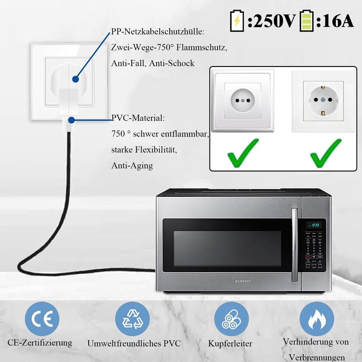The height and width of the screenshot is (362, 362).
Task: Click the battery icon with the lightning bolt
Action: tap(237, 21)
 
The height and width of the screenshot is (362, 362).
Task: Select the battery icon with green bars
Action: tap(306, 21)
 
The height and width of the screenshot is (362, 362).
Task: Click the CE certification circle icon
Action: tap(42, 319)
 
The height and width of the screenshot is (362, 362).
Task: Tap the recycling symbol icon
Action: tap(132, 319)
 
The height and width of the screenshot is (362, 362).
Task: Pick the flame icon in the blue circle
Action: tap(317, 319)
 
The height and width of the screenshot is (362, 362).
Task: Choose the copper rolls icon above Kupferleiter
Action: tap(231, 319)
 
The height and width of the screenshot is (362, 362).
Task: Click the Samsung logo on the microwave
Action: tap(243, 281)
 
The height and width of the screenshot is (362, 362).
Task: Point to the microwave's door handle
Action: tap(295, 245)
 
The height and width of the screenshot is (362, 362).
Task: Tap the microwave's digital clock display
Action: tap(314, 225)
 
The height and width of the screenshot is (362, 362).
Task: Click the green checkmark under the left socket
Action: tap(243, 153)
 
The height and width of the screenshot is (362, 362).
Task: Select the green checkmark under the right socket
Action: tap(326, 153)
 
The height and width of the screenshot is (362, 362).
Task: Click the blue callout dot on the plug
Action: tap(76, 79)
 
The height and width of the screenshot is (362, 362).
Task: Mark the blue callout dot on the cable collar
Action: tap(71, 120)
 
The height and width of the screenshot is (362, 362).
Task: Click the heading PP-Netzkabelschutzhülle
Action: tap(157, 32)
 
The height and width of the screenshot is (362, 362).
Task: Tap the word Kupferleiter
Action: tap(230, 343)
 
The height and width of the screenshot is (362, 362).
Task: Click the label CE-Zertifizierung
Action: tap(40, 343)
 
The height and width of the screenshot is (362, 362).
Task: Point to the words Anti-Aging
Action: tap(132, 166)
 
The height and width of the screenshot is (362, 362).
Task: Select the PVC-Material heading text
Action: tap(138, 118)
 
